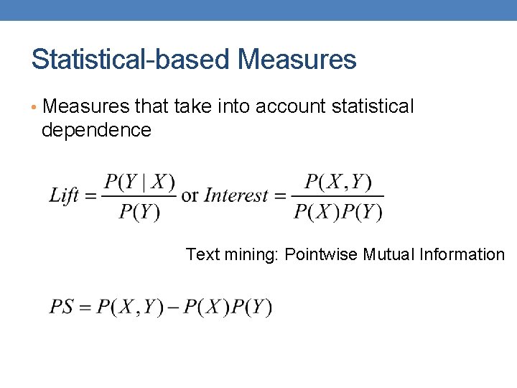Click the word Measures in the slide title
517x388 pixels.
coord(297,60)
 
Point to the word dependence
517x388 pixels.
coord(96,130)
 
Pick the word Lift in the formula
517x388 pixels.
coord(63,195)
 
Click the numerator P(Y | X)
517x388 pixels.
coord(140,182)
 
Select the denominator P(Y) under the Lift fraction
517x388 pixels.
coord(139,211)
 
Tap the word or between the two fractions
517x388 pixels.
coord(190,195)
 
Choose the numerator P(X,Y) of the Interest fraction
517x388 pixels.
coord(338,182)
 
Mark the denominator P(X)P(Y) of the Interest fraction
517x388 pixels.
coord(338,211)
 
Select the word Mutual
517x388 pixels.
coord(390,254)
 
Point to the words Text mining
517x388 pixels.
coord(231,255)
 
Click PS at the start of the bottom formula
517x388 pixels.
coord(61,308)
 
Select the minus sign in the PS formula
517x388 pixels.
coord(174,308)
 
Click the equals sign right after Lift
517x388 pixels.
coord(90,196)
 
